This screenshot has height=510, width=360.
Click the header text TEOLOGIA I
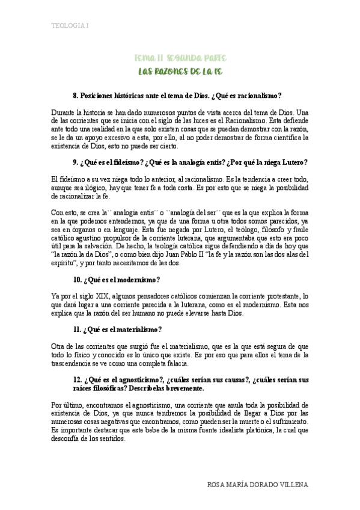click(x=70, y=26)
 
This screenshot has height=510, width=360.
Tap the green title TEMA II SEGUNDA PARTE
click(x=180, y=58)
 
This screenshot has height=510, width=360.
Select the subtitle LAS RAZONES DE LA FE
click(x=180, y=71)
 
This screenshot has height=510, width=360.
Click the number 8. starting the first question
click(x=76, y=95)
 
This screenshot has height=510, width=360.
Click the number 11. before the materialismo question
click(x=76, y=329)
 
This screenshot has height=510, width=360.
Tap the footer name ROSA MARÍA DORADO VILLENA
click(x=257, y=484)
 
